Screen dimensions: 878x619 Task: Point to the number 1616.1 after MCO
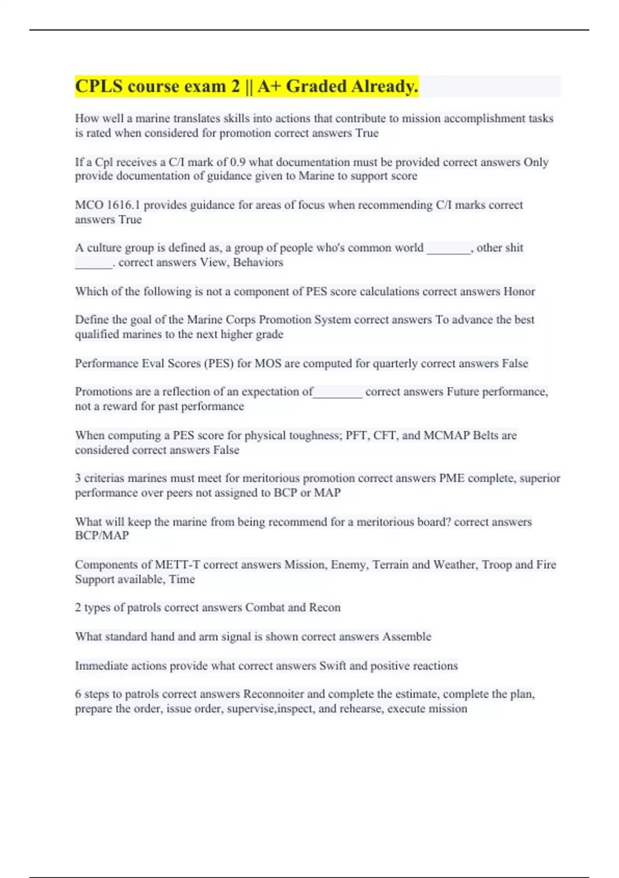123,205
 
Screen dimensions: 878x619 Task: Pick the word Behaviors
258,262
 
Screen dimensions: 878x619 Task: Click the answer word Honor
519,291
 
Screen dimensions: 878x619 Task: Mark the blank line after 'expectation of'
338,393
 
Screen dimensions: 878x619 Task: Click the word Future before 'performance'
463,391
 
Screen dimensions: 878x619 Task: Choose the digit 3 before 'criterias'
78,478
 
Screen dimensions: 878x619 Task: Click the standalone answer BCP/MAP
102,536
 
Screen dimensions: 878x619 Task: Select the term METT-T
177,565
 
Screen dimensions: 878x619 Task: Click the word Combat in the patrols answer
265,607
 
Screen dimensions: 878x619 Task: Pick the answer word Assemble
406,637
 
